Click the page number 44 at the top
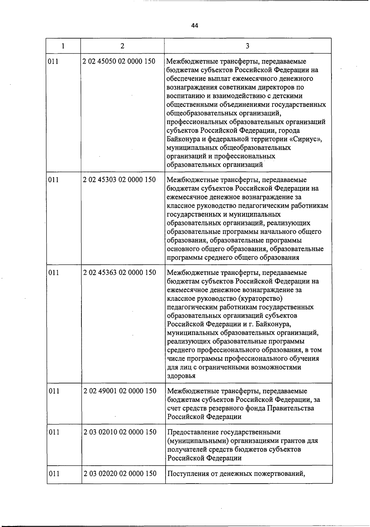[x=194, y=26]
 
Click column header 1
[x=63, y=46]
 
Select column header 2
[x=122, y=46]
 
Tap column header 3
[x=248, y=46]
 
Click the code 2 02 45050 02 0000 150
[x=119, y=61]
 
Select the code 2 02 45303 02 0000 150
[x=119, y=179]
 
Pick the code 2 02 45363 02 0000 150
[x=119, y=272]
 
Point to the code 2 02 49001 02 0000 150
[x=120, y=391]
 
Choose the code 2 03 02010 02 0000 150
[x=120, y=432]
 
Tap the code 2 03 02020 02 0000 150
[x=120, y=473]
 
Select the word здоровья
[x=181, y=376]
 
